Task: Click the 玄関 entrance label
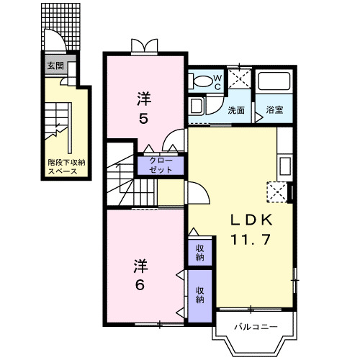[55, 65]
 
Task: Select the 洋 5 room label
[144, 106]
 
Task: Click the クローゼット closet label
[161, 165]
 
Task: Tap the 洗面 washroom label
[236, 111]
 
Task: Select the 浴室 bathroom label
[274, 111]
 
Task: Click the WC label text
[219, 80]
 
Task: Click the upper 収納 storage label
[199, 252]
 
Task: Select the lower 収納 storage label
[199, 293]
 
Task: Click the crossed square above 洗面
[239, 79]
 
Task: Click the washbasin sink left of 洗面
[197, 108]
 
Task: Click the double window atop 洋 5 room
[143, 48]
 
